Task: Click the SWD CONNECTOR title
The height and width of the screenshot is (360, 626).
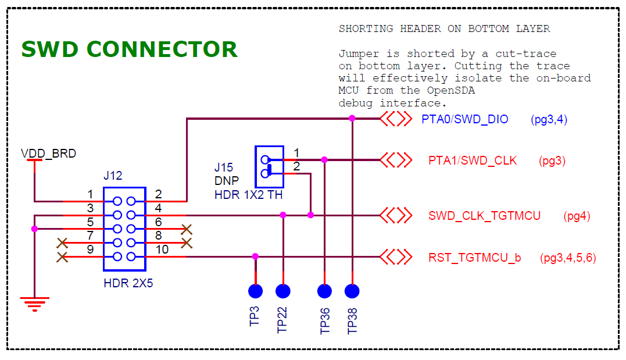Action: pos(129,49)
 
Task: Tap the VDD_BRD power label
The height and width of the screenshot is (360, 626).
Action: pos(48,154)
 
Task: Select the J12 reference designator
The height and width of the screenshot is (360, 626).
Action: pos(113,176)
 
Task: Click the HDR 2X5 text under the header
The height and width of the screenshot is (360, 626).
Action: pos(128,284)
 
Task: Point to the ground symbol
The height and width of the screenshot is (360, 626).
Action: pos(35,303)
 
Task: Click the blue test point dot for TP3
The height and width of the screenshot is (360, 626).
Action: pos(255,291)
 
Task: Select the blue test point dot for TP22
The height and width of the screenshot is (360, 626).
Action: pos(283,291)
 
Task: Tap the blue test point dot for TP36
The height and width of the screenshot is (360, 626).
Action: pos(324,291)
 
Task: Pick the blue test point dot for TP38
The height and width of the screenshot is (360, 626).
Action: pos(352,291)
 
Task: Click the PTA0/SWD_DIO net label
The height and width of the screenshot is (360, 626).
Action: pos(465,119)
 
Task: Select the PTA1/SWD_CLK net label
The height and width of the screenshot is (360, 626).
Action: pos(472,161)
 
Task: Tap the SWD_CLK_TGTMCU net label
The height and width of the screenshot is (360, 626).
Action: pos(484,216)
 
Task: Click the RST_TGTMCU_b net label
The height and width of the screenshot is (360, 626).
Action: pos(474,258)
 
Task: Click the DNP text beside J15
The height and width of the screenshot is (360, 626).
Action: pos(227,181)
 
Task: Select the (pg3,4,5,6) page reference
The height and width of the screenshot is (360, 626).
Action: pos(568,258)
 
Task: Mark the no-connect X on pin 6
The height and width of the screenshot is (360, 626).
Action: pos(187,229)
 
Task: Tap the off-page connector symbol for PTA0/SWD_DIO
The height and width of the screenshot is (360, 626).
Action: pos(396,119)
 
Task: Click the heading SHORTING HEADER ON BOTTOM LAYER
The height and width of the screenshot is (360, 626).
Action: pos(444,28)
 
